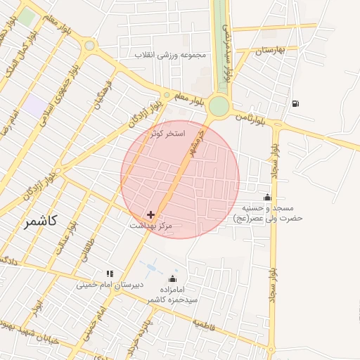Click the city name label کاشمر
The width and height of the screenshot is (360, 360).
(x=41, y=222)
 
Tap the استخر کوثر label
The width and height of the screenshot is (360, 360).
(x=168, y=133)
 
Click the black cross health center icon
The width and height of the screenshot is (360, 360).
(x=150, y=214)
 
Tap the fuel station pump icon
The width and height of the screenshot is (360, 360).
(x=294, y=105)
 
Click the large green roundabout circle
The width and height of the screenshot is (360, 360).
(x=219, y=107)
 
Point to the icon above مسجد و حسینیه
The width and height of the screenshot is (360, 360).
(x=266, y=198)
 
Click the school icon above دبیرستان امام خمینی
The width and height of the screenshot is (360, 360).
(x=110, y=274)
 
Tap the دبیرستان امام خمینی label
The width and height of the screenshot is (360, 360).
(x=110, y=285)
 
